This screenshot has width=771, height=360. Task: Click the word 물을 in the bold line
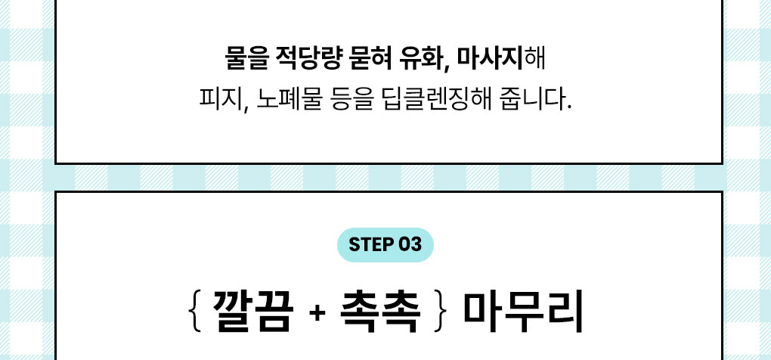245,58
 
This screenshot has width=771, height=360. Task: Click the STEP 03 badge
385,245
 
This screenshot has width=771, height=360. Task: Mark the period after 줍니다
568,107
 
